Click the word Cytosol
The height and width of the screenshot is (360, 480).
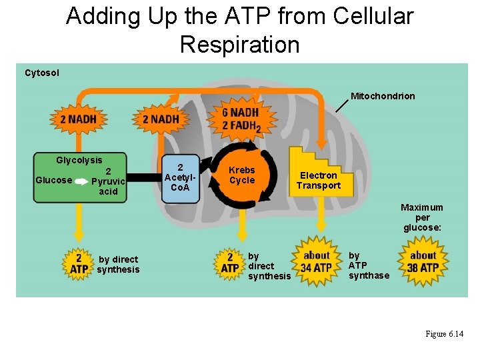(x=41, y=73)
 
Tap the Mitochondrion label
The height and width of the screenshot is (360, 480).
(x=383, y=96)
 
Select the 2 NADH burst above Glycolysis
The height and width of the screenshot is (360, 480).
(x=78, y=119)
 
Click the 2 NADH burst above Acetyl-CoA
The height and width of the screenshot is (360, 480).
(x=161, y=119)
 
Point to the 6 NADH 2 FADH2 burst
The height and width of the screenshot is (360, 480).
(x=241, y=119)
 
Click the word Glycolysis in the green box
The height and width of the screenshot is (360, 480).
(x=79, y=160)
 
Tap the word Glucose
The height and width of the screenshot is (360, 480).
(x=53, y=180)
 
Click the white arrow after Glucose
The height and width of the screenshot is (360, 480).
(x=81, y=181)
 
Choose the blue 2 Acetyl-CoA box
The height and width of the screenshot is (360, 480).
(x=180, y=177)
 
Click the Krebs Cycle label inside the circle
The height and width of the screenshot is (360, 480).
(x=242, y=175)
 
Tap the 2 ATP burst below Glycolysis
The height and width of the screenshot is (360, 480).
(x=79, y=263)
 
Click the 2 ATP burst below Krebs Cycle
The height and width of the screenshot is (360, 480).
(x=230, y=263)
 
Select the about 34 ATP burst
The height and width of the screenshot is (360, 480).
(x=316, y=262)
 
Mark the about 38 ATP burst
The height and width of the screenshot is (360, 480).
(x=423, y=262)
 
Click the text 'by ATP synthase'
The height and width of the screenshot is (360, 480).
(x=368, y=265)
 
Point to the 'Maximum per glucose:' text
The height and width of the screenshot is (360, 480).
(x=421, y=217)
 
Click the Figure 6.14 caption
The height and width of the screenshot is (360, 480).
(x=444, y=333)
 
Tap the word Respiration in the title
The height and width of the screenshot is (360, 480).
(x=239, y=45)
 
